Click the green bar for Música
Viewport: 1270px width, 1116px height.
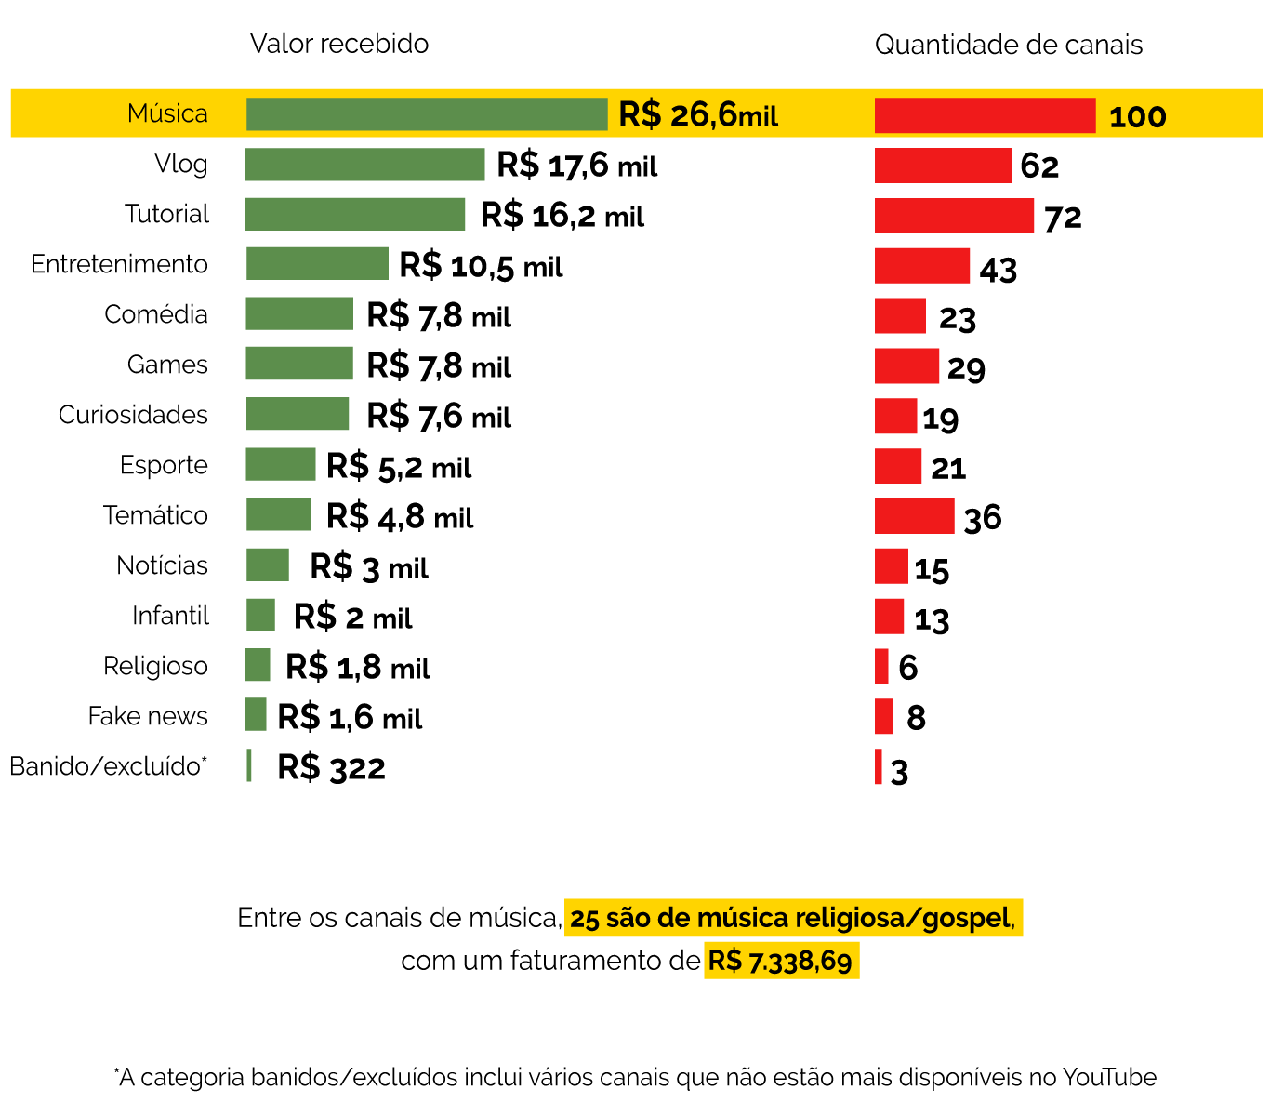(x=427, y=114)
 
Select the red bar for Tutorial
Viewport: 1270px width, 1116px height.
(x=954, y=216)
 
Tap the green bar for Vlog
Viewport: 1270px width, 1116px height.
(x=364, y=165)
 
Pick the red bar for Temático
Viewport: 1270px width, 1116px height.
(x=914, y=516)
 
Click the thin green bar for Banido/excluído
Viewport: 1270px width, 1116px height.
(x=249, y=765)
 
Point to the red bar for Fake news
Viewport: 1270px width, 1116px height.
(x=883, y=716)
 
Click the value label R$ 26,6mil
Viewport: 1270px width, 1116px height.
(x=698, y=115)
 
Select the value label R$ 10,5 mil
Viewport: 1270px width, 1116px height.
(x=481, y=266)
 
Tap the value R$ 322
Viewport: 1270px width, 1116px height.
(x=331, y=768)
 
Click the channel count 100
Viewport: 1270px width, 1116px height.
(x=1137, y=117)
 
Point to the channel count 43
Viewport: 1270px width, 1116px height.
(x=998, y=270)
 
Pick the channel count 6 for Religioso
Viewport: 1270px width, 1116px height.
(x=907, y=668)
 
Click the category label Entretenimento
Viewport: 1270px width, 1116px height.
(x=119, y=264)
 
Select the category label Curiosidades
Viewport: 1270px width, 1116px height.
(x=133, y=415)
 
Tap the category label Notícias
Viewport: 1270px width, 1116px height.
(x=162, y=565)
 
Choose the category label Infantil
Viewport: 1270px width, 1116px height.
(x=170, y=616)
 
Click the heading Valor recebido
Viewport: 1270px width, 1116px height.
(x=339, y=44)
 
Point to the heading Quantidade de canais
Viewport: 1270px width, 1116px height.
(x=1009, y=45)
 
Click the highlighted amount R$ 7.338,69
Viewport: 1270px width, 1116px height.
(x=780, y=961)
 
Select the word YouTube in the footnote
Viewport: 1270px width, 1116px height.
(x=1109, y=1078)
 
